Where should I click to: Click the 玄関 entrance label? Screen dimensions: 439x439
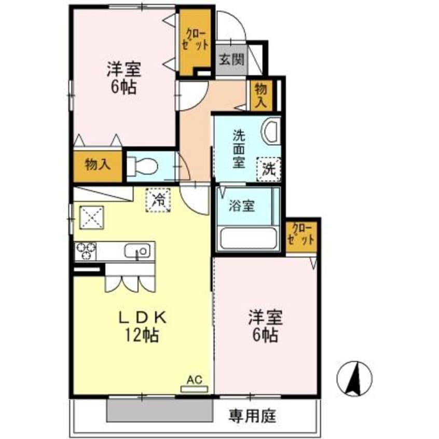[x=231, y=60]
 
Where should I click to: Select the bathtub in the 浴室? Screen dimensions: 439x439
[x=248, y=238]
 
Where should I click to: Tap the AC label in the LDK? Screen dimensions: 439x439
[x=194, y=380]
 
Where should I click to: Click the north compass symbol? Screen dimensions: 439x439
[x=355, y=377]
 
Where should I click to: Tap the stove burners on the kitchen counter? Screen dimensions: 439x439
[x=86, y=251]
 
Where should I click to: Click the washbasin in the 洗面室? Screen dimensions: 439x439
[x=271, y=131]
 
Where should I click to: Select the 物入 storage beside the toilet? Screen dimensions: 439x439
[x=98, y=165]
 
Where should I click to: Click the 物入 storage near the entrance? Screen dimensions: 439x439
[x=260, y=95]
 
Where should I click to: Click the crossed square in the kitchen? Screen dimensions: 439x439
[x=92, y=217]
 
